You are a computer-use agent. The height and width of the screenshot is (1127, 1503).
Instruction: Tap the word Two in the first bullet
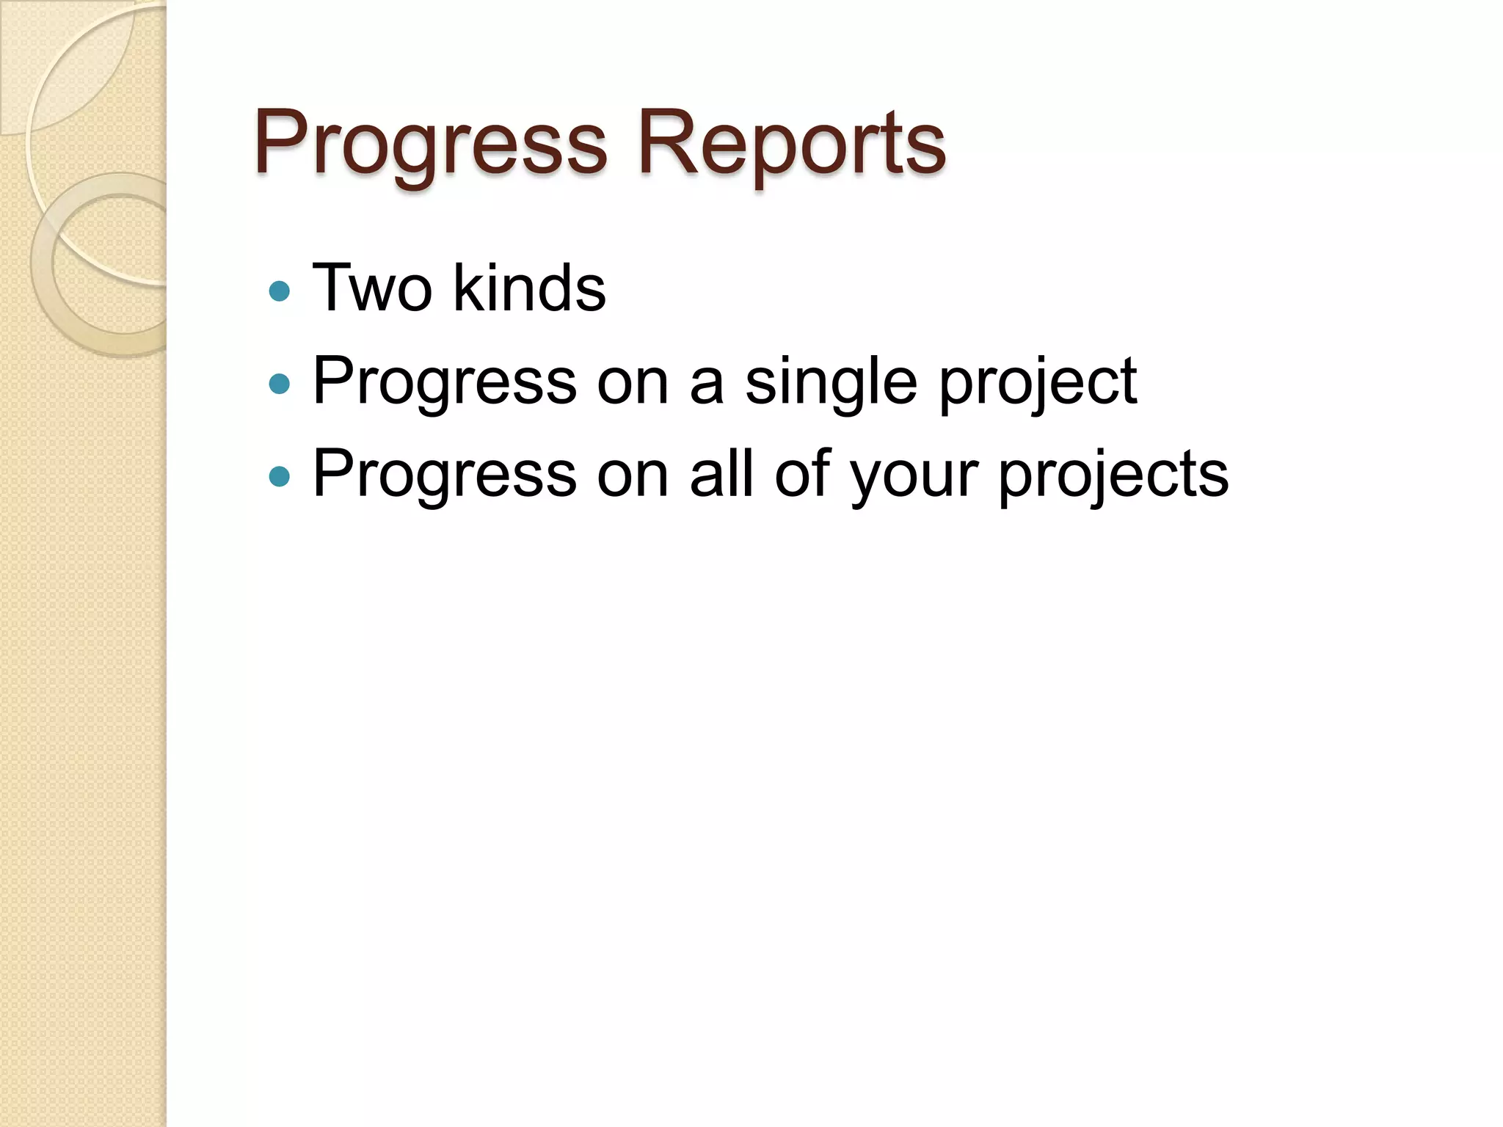[x=372, y=288]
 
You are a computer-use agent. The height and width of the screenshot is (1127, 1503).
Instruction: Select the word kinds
[x=529, y=288]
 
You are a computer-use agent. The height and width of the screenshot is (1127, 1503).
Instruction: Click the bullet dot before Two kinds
[x=280, y=291]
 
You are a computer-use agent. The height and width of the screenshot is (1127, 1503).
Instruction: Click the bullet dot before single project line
[x=280, y=384]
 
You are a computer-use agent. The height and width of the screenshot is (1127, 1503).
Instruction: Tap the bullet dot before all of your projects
[x=280, y=477]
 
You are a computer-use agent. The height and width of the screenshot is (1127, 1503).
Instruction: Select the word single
[x=831, y=383]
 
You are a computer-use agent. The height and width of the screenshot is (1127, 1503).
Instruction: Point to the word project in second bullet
[x=1038, y=383]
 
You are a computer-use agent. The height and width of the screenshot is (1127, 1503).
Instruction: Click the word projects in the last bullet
[x=1113, y=475]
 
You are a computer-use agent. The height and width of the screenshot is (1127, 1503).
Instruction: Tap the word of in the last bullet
[x=802, y=474]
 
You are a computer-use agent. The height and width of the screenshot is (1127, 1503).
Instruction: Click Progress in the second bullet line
[x=445, y=383]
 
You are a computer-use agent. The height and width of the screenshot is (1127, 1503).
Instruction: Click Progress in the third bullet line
[x=445, y=475]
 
